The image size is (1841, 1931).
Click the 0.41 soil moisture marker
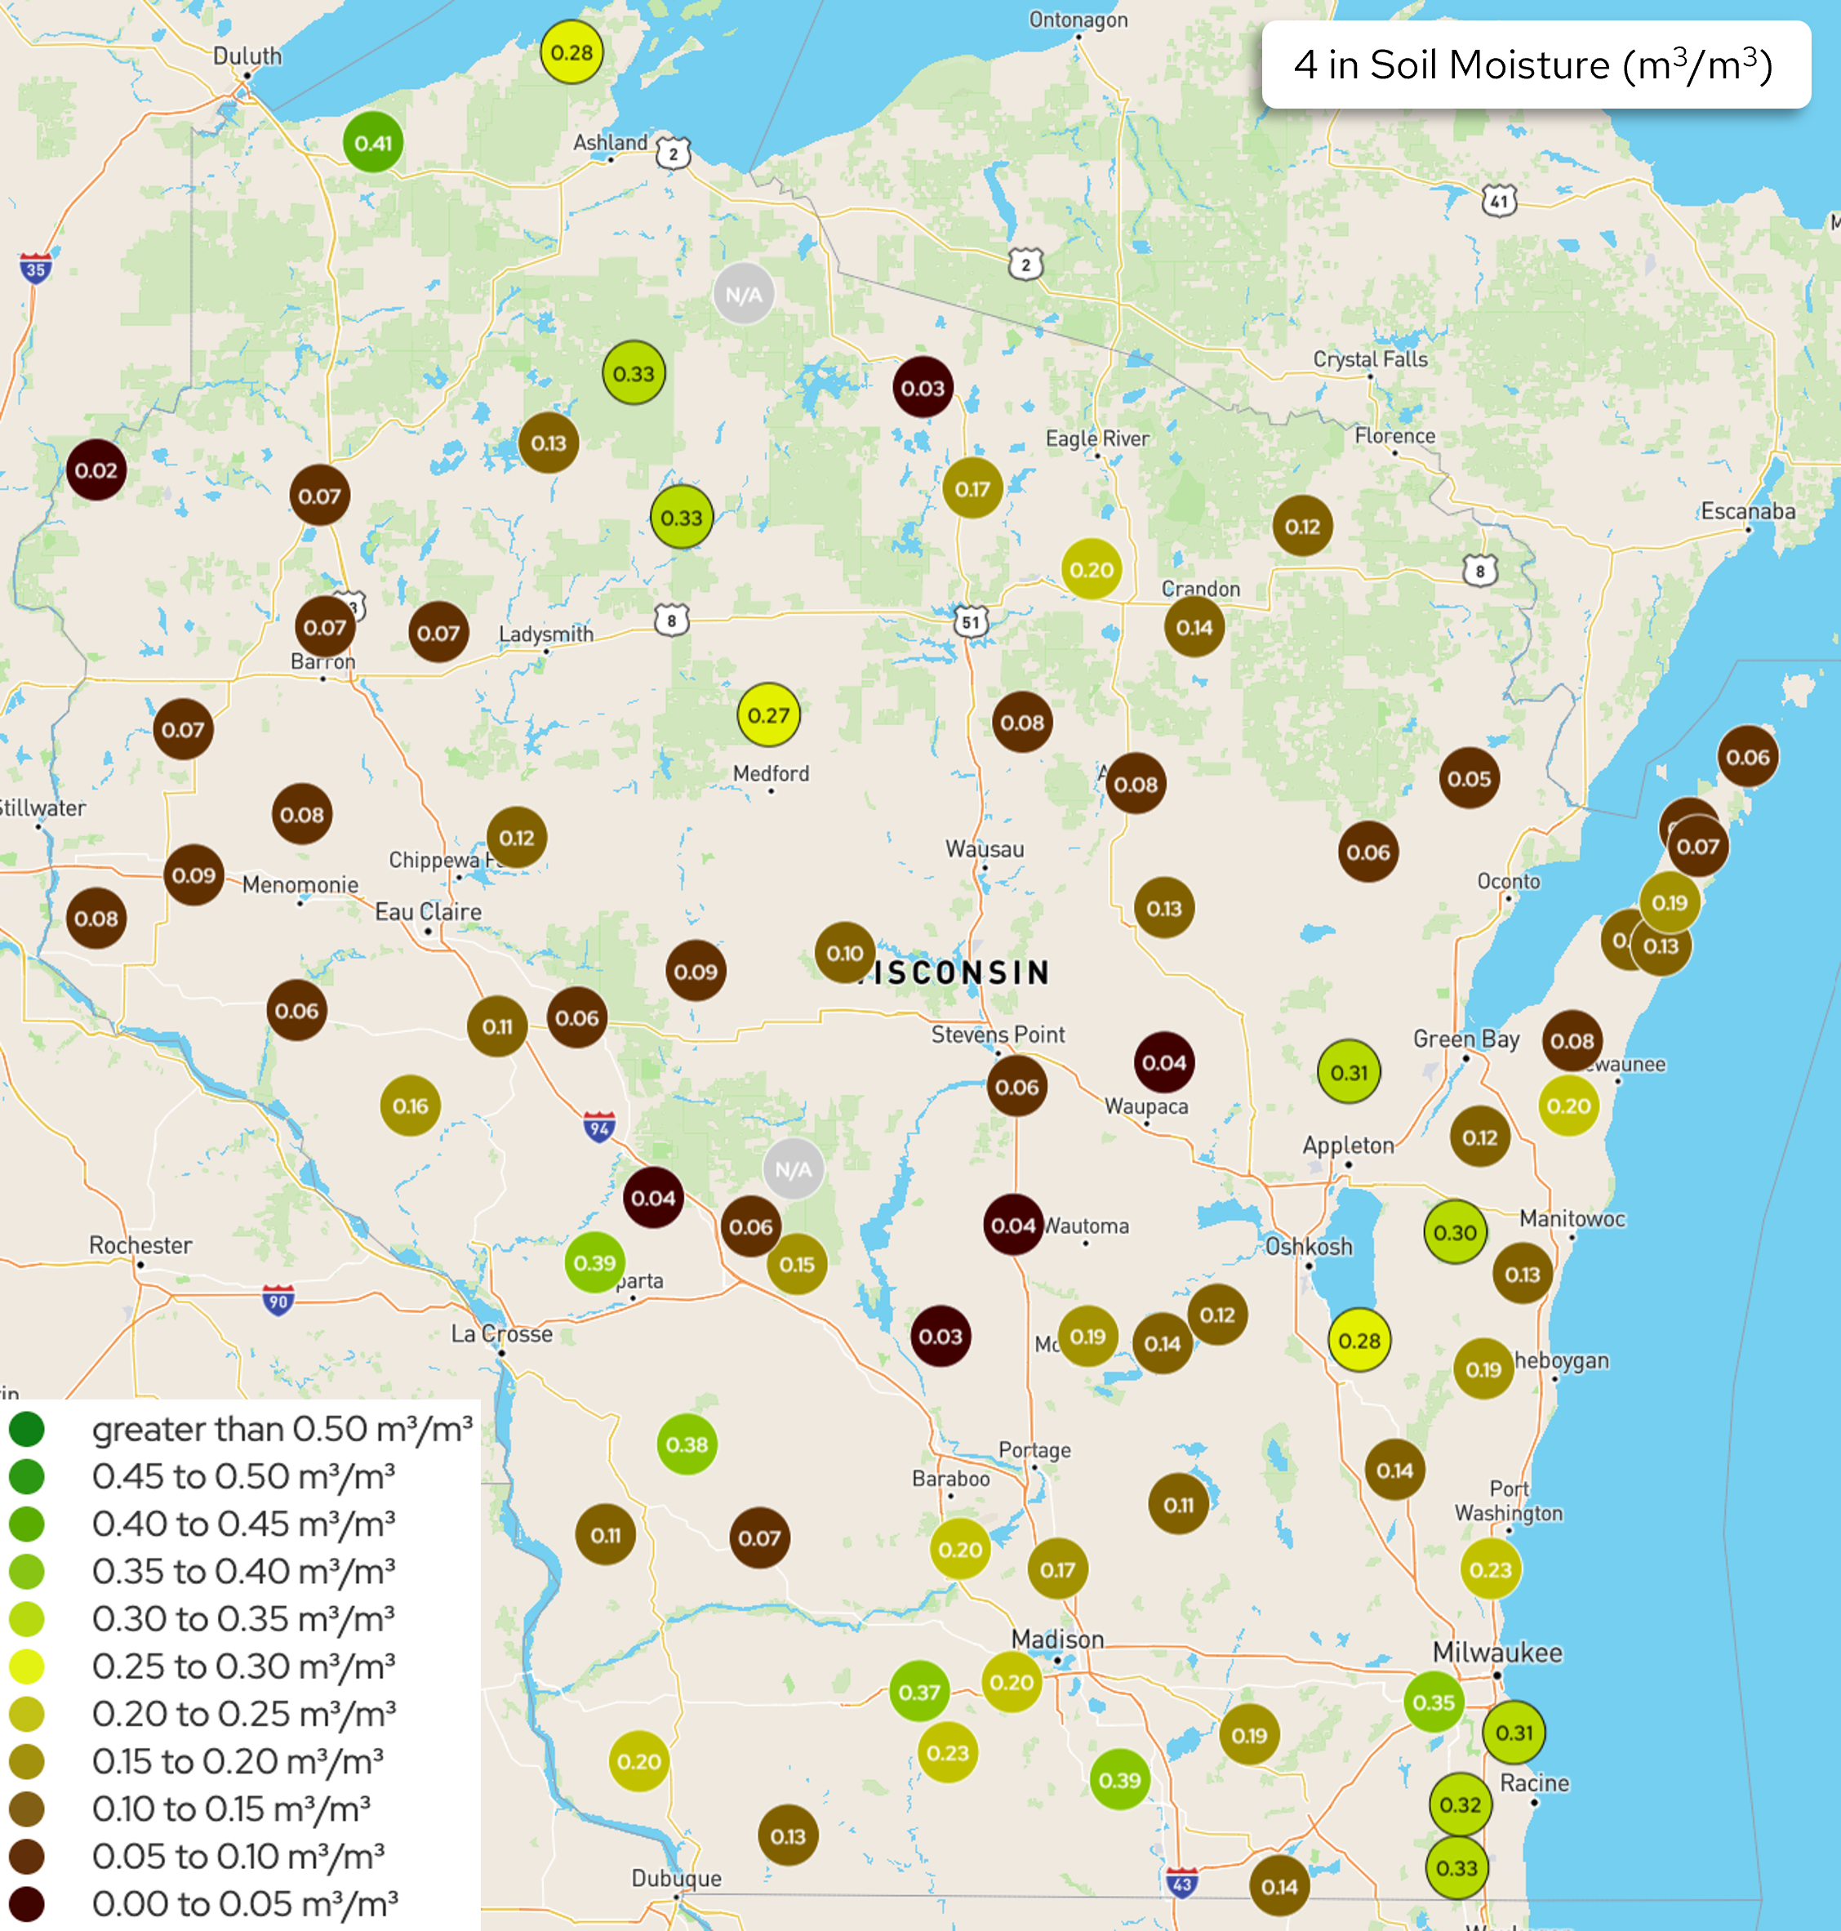373,143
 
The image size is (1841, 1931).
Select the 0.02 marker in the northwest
96,470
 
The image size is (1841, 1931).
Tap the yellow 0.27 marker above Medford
768,715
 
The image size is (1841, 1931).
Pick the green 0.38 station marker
687,1444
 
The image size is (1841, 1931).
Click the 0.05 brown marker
1469,778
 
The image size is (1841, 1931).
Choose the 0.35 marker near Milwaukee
1434,1702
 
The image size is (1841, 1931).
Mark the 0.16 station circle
410,1106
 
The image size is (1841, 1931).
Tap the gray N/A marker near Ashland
743,295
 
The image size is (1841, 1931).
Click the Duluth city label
247,56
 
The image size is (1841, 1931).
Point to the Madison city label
1057,1640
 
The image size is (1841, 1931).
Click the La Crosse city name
501,1333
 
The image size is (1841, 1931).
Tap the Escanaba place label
1748,511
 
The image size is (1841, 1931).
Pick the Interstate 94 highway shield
599,1128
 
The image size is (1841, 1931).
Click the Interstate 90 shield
278,1301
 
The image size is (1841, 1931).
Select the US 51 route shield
971,621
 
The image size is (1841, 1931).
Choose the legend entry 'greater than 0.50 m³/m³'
282,1430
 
